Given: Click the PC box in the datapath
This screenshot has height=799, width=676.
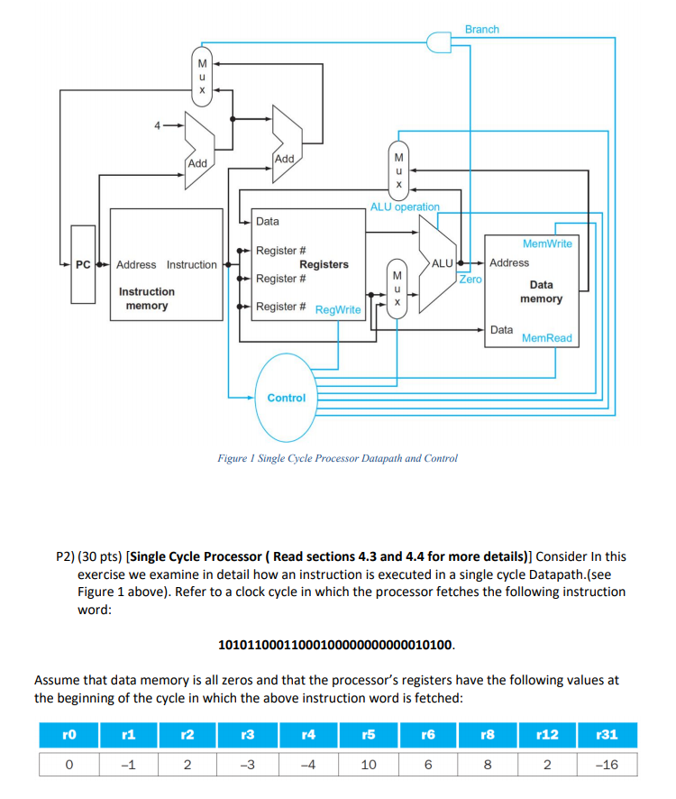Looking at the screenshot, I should (83, 264).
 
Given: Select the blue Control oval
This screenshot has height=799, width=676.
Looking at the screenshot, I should (287, 398).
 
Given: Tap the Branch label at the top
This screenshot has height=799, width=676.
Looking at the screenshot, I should (481, 30).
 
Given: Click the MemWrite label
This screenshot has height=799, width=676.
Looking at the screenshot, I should (547, 243).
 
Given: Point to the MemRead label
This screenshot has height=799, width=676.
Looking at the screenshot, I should (546, 338).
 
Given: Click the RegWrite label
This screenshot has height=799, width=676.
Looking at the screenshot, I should (338, 310).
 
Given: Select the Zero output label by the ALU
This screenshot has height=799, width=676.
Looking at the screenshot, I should (470, 280).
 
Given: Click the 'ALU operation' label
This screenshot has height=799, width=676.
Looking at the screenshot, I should (405, 207).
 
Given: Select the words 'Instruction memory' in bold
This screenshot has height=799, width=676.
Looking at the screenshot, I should (147, 298).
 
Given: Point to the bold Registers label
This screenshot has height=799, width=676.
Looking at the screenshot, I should (324, 264).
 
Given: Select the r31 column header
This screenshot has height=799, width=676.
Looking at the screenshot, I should (607, 734).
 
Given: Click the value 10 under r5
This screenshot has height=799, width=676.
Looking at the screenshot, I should (368, 763).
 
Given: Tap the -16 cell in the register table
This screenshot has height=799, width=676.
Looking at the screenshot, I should (607, 763).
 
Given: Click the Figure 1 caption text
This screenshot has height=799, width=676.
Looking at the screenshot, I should (337, 458).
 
